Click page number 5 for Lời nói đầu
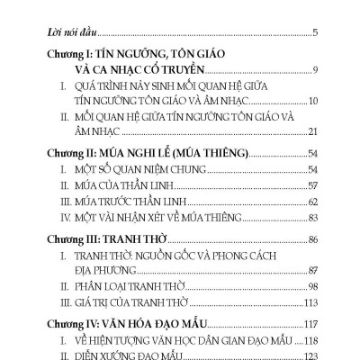315,33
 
